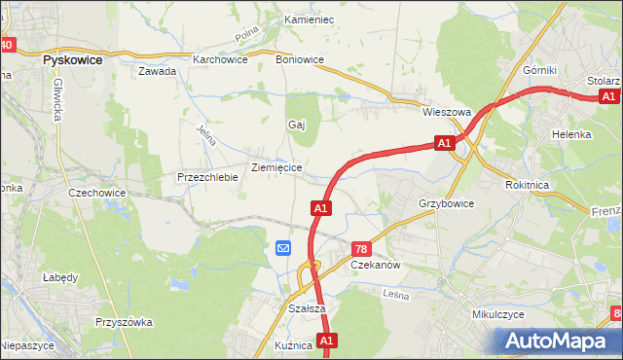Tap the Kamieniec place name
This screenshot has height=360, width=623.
(x=309, y=19)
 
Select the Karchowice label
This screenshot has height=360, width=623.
(x=220, y=58)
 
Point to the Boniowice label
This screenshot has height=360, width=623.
(x=300, y=58)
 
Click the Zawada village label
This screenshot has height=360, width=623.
(x=157, y=71)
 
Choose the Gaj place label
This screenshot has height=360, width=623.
(x=297, y=125)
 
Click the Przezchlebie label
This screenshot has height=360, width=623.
(x=207, y=177)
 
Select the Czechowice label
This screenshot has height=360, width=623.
(x=97, y=193)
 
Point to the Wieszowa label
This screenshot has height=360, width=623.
(x=446, y=112)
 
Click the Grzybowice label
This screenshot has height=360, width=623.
(x=446, y=203)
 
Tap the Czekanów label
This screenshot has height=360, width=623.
(x=376, y=265)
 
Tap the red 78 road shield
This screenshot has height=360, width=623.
(x=360, y=249)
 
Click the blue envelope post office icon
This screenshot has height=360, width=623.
(x=283, y=248)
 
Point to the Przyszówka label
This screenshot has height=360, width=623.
(x=121, y=321)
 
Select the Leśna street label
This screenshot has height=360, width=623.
(x=395, y=294)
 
